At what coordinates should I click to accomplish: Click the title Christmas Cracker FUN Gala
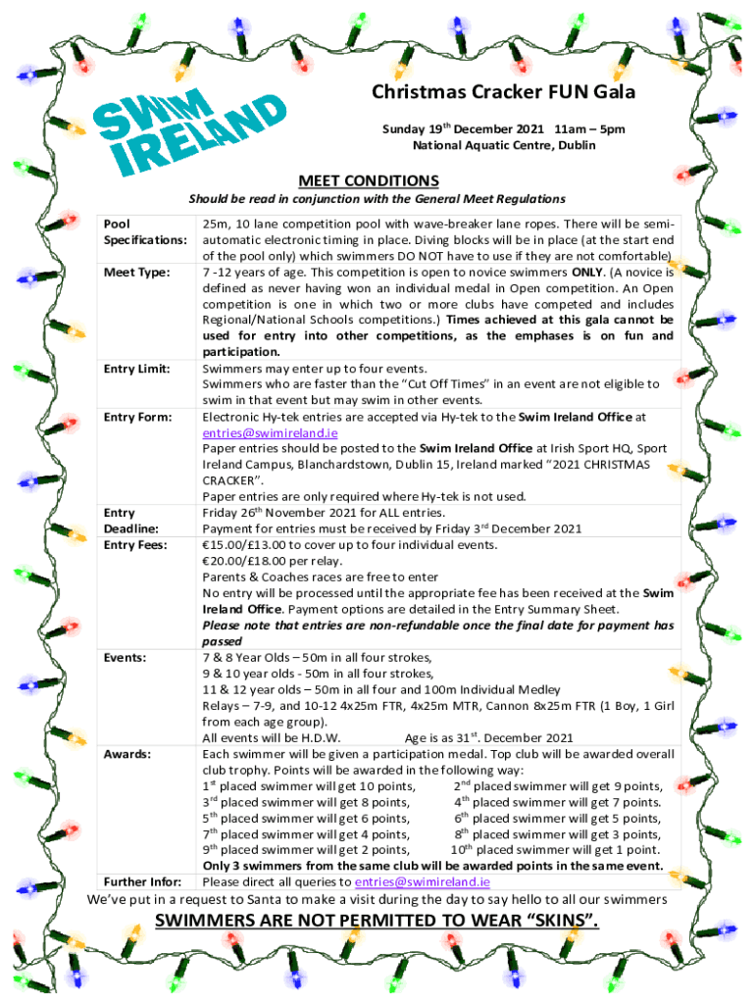503,93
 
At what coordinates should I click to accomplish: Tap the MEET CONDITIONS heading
369,180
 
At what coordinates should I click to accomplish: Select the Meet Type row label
137,272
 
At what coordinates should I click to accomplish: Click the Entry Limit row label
138,368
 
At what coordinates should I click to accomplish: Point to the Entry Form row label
138,417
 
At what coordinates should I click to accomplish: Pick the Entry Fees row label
136,544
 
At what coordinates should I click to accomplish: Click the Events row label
126,657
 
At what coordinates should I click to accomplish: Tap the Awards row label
126,754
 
